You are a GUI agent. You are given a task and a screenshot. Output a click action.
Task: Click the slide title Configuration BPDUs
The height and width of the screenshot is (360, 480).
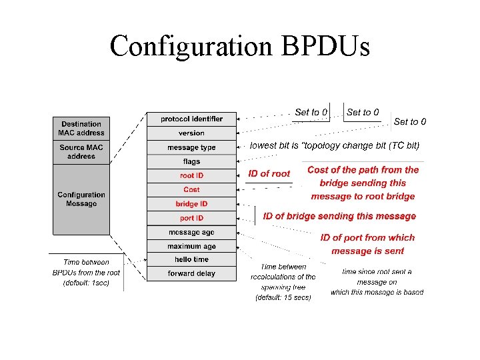[x=239, y=47]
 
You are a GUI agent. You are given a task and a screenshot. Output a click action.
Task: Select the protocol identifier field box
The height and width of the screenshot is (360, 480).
[x=191, y=119]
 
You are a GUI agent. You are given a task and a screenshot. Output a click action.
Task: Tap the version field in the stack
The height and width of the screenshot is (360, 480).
[x=191, y=133]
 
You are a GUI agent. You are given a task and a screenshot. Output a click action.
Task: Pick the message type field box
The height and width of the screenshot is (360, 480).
[x=191, y=147]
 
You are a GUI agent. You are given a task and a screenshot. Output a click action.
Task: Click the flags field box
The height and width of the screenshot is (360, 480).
[x=191, y=161]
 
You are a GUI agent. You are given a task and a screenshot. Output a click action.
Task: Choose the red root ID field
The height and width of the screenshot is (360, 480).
[x=191, y=176]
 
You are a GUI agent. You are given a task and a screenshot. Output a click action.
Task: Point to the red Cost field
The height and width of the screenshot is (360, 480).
[x=191, y=190]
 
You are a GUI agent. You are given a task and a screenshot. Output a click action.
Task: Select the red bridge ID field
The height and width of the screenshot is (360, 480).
[x=191, y=204]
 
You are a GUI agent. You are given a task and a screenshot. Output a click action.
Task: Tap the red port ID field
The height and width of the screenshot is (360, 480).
[x=191, y=218]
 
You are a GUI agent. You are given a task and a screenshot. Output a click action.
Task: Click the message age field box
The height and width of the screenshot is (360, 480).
[x=191, y=232]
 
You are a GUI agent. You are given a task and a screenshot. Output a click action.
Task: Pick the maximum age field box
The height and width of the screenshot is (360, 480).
[x=191, y=246]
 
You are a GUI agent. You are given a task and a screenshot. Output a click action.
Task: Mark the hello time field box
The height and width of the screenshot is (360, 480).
[x=191, y=259]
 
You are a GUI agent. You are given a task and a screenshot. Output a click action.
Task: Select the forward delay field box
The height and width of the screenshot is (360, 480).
[x=191, y=273]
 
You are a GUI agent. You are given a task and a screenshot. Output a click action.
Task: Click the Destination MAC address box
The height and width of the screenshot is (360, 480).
[x=81, y=128]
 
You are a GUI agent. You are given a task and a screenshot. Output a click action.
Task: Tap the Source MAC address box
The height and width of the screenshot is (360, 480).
[x=81, y=152]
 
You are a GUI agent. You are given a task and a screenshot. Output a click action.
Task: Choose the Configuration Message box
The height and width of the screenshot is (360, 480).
[x=81, y=199]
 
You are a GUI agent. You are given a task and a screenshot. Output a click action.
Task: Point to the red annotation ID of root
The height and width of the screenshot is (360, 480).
[x=269, y=174]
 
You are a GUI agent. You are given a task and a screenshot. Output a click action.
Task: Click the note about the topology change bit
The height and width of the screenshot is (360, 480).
[x=335, y=145]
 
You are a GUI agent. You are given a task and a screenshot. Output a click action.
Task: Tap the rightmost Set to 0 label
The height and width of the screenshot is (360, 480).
[x=410, y=121]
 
